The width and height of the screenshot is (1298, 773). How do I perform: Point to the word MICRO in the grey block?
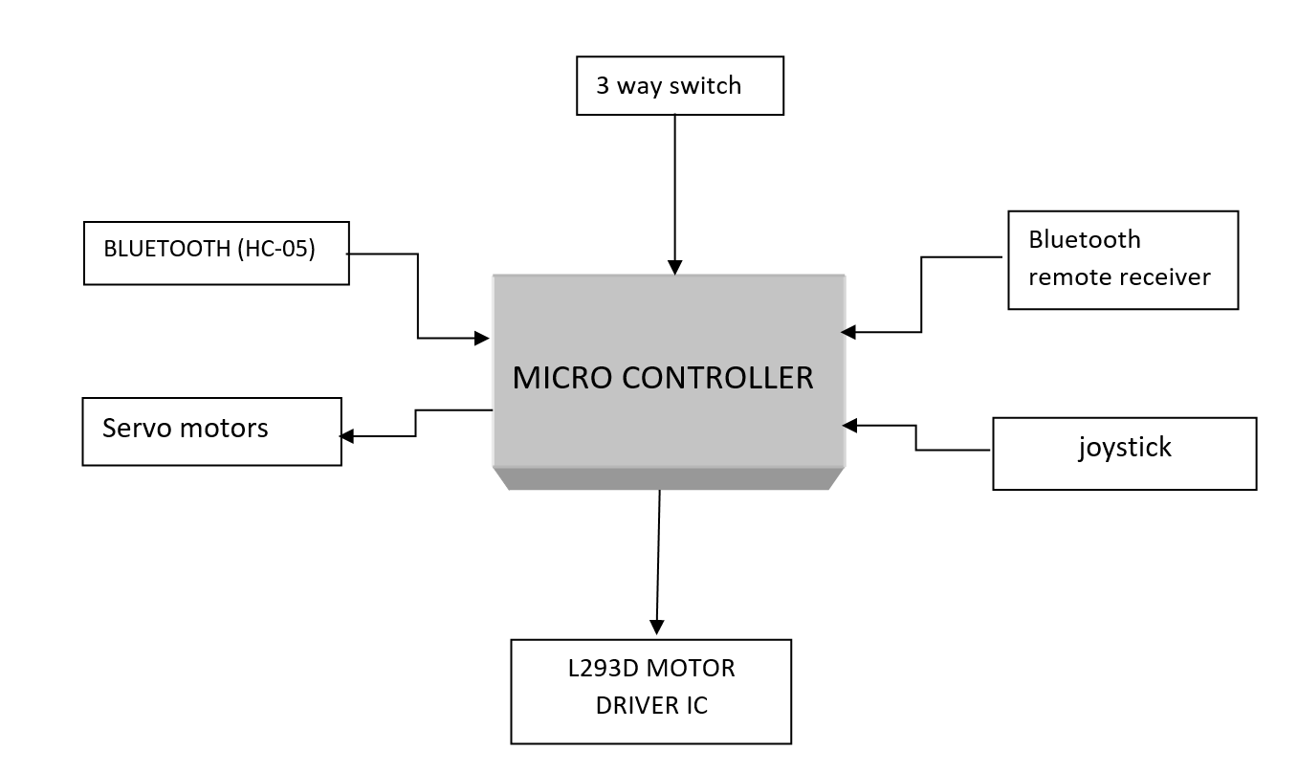pos(562,378)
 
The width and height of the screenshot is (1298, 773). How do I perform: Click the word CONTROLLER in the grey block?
pos(717,378)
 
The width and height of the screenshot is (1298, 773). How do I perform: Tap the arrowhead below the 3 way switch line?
pos(674,267)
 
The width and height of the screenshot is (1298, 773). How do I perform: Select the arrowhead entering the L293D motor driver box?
pos(656,627)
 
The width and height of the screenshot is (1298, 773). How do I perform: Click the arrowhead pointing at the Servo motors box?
pos(346,436)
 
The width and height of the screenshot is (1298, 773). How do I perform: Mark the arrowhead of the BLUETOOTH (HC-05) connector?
pos(482,338)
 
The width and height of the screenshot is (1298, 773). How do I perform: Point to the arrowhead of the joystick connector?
pos(849,426)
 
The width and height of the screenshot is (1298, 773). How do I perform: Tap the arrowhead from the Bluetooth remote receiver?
pos(848,332)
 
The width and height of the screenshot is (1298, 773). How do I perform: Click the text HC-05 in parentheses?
pos(276,249)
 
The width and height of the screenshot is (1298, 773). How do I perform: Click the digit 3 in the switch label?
pos(603,86)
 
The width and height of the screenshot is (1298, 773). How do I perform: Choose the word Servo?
pos(137,429)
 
